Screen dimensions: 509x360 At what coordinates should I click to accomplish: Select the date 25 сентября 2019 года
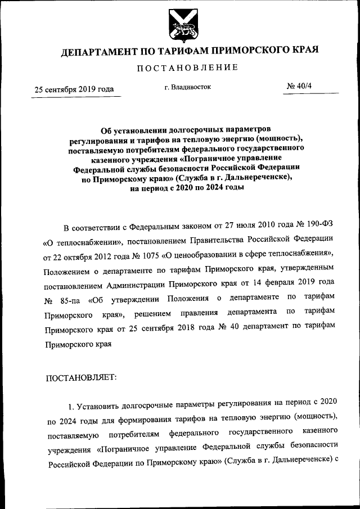[x=75, y=89]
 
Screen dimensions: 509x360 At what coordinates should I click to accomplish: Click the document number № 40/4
[x=301, y=87]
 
